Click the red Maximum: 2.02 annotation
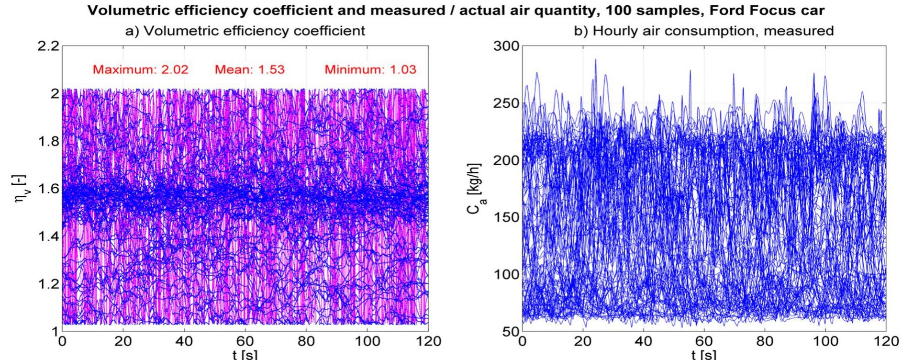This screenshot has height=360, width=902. (x=140, y=69)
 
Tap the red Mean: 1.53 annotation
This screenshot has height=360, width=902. (x=249, y=69)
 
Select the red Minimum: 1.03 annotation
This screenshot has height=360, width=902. (x=370, y=69)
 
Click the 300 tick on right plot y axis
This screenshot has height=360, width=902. (x=506, y=47)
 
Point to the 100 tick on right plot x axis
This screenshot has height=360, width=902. (x=825, y=341)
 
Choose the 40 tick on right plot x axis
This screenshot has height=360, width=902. (x=644, y=341)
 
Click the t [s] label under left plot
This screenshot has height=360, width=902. (x=245, y=355)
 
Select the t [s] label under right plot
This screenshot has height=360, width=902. (x=704, y=355)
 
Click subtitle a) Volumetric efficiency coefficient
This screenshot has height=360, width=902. (x=245, y=31)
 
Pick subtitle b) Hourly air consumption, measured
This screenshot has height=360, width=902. (x=703, y=31)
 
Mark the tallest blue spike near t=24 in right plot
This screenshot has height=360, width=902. (x=595, y=60)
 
